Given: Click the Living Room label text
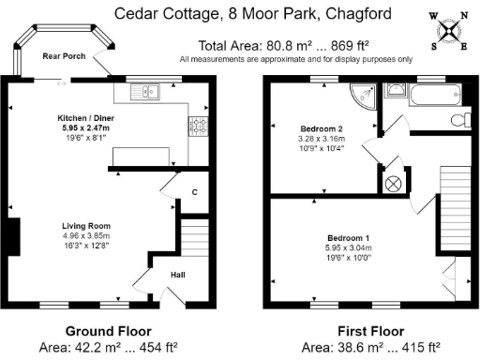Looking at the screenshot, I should (86, 226).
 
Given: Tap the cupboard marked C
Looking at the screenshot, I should (194, 192).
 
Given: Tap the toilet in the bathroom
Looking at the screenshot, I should (458, 119).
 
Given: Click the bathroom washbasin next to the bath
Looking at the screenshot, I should (397, 90).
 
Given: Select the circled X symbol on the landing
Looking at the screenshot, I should (395, 182).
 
